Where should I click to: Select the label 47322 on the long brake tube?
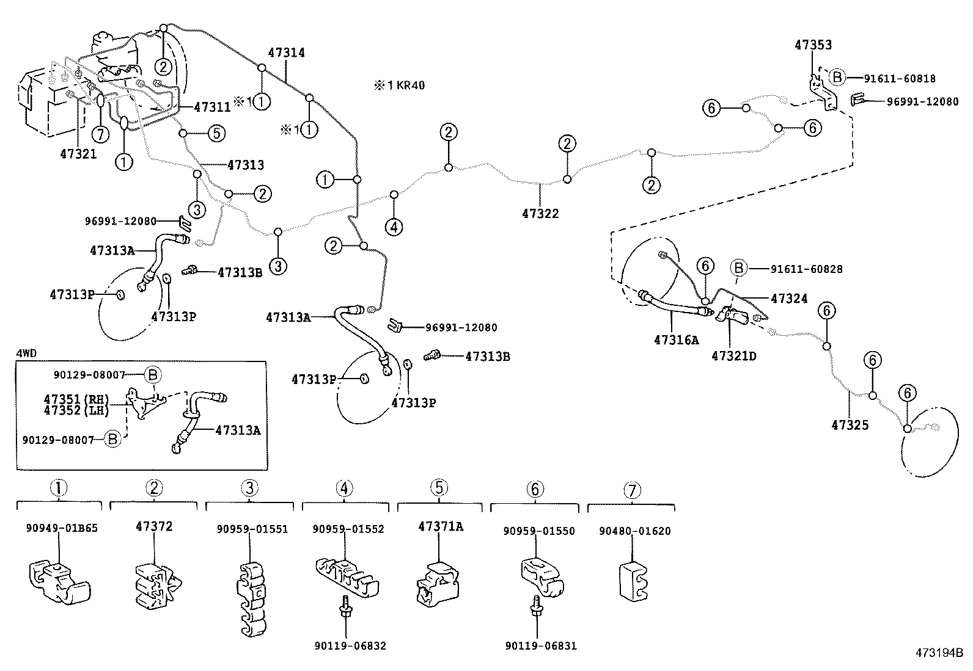tap(540, 214)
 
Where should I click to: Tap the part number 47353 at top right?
tap(813, 45)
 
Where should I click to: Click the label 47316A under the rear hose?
tap(675, 340)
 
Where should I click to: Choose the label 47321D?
tap(733, 355)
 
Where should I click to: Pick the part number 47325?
tap(850, 425)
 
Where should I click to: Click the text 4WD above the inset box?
tap(26, 354)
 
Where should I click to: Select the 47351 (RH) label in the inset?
tap(76, 399)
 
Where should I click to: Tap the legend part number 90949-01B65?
tap(62, 528)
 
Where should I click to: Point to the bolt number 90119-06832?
tap(350, 645)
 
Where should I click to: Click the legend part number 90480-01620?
tap(634, 531)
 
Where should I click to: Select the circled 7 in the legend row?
tap(632, 490)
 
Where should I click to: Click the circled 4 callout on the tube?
tap(394, 228)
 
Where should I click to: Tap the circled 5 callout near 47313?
tap(216, 133)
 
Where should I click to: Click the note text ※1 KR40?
tap(400, 85)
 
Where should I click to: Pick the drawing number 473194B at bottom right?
tap(938, 653)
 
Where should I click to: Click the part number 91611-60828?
tap(806, 269)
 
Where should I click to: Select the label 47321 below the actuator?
tap(78, 154)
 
